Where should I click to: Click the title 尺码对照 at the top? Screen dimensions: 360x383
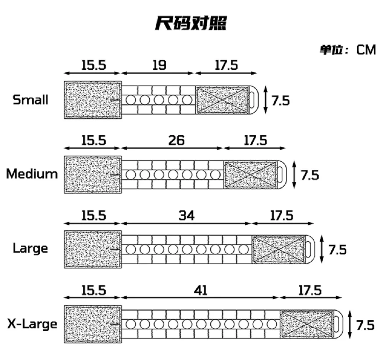point(190,23)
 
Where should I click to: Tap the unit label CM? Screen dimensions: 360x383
point(366,50)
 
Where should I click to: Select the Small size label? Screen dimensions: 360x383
point(31,100)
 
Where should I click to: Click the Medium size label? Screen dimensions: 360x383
point(32,174)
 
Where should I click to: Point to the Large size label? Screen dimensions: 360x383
point(31,249)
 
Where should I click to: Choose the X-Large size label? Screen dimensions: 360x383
point(32,324)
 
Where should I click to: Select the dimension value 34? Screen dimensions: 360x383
point(187,216)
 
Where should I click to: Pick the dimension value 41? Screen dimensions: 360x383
point(200,291)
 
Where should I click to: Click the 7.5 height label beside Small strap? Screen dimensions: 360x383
point(281,101)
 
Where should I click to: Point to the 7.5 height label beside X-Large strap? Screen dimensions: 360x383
point(365,325)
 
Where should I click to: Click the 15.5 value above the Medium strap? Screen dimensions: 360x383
point(93,140)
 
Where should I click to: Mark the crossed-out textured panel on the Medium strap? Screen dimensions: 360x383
point(250,174)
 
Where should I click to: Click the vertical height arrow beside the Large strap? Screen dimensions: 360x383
point(322,249)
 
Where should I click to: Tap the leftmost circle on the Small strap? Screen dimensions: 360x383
point(131,100)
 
